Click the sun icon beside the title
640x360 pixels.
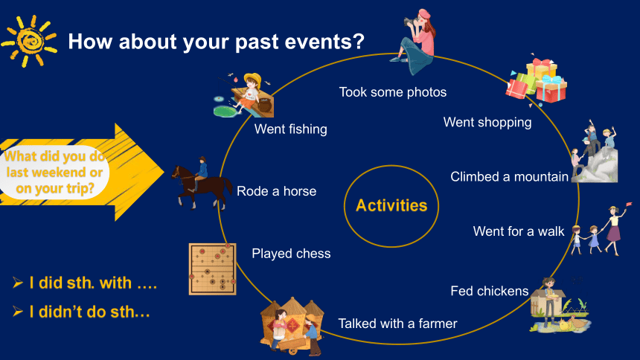point(29,41)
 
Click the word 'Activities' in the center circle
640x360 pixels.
point(391,205)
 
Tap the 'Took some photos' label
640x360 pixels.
point(393,92)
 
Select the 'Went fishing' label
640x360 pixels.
point(291,129)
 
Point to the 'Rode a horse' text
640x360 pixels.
point(276,191)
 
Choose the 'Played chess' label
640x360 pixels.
point(291,254)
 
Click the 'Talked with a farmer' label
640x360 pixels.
point(397,324)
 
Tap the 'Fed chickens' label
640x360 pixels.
point(490,291)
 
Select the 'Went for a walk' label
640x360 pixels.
point(519,231)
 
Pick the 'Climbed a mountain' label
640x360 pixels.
point(509,177)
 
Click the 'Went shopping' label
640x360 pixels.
point(487,123)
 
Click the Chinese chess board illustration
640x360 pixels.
point(213,269)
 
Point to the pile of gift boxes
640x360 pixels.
point(537,81)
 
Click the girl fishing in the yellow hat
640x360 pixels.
point(245,95)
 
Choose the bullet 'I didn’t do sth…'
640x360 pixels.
point(82,312)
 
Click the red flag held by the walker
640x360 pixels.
point(628,204)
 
